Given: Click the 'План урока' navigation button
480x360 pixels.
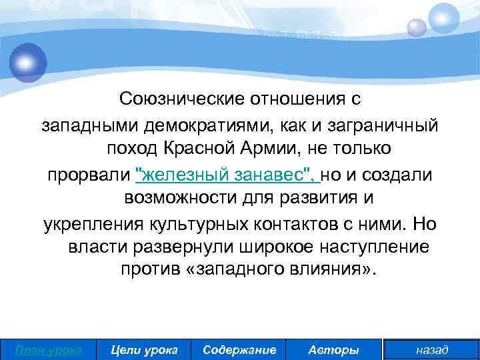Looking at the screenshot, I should (48, 350).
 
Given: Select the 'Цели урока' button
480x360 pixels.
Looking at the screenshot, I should (144, 350).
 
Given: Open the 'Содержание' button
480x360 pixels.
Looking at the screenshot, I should (239, 350).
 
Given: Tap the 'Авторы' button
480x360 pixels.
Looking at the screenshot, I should (334, 350).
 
